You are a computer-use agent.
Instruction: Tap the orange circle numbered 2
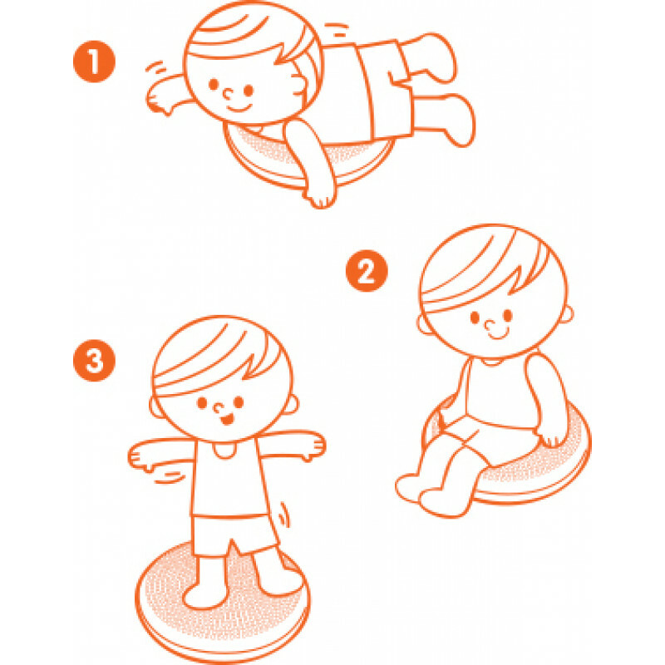click(x=367, y=272)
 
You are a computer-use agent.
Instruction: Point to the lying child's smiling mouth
click(x=239, y=108)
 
